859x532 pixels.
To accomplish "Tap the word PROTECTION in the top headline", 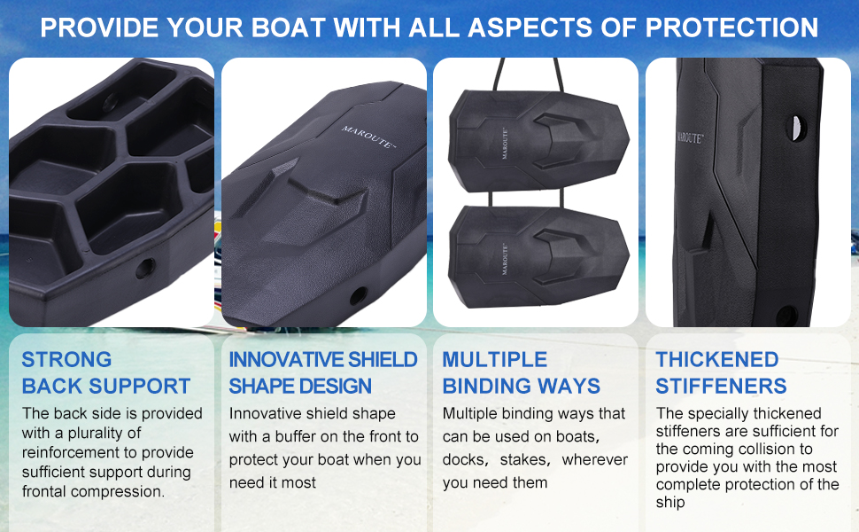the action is tap(731, 27).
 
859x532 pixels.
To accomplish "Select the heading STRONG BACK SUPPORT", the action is tap(105, 373).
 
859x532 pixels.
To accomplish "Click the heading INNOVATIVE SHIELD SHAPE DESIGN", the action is tap(323, 373).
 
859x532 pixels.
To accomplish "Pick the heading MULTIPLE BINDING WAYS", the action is tap(521, 373).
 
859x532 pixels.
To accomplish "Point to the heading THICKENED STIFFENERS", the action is tap(721, 373).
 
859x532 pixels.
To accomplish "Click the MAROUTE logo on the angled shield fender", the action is tap(368, 137).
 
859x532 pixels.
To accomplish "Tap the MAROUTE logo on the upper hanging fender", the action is tap(505, 144).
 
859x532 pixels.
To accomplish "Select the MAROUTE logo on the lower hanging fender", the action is tap(505, 258).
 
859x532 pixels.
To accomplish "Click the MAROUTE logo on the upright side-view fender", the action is tap(689, 137).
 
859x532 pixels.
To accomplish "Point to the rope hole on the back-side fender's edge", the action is tap(145, 268).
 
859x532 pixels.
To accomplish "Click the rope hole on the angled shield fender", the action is tap(359, 296).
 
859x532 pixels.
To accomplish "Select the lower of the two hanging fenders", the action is tap(538, 256).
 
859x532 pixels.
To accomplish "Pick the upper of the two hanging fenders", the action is tap(538, 142).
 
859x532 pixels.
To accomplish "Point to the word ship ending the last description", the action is tap(670, 503).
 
